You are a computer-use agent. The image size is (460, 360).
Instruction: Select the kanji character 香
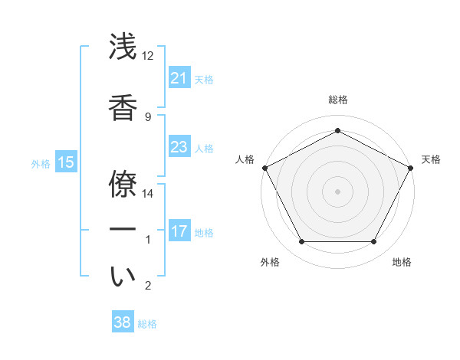[123, 107]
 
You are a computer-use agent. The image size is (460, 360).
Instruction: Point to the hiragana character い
[123, 277]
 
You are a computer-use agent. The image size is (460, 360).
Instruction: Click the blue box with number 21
[179, 78]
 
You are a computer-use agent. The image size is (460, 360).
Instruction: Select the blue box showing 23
[179, 147]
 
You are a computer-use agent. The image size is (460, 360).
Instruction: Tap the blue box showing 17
[179, 231]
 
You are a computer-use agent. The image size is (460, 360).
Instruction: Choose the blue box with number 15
[66, 162]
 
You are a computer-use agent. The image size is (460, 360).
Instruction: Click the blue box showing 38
[123, 322]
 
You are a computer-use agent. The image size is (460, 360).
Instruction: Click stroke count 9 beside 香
[148, 117]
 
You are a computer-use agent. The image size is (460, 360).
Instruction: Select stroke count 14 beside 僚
[148, 193]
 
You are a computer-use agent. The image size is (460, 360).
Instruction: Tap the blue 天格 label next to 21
[204, 79]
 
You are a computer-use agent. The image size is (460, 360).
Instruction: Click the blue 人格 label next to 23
[204, 148]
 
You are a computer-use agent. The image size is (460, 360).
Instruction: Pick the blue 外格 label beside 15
[41, 163]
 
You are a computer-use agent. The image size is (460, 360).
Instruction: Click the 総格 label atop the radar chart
[337, 100]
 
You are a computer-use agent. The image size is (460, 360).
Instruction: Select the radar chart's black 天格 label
[431, 159]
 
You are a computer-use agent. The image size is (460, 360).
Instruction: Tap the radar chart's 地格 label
[402, 262]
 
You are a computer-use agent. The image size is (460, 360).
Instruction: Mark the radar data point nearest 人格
[264, 167]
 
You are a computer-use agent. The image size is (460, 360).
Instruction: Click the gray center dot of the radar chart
[337, 191]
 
